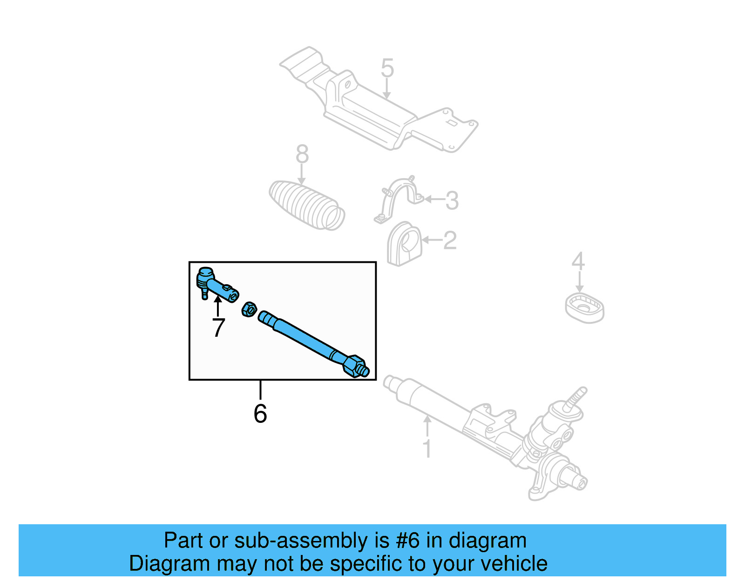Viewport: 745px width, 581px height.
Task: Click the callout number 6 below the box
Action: click(260, 414)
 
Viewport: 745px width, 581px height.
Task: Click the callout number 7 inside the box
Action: click(218, 327)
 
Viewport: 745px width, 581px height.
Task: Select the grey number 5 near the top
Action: click(387, 68)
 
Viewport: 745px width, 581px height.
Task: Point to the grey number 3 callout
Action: click(452, 200)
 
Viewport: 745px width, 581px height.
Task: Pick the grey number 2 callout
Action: click(450, 240)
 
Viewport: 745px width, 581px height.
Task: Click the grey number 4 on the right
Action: click(578, 261)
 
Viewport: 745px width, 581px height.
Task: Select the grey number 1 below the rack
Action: click(427, 448)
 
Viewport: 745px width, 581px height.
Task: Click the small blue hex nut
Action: click(250, 309)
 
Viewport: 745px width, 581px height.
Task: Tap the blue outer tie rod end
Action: click(217, 286)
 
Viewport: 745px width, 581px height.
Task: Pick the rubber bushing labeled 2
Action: click(404, 244)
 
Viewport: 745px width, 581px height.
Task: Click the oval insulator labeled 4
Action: click(585, 308)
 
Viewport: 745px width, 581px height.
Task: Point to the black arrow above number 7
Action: click(217, 305)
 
